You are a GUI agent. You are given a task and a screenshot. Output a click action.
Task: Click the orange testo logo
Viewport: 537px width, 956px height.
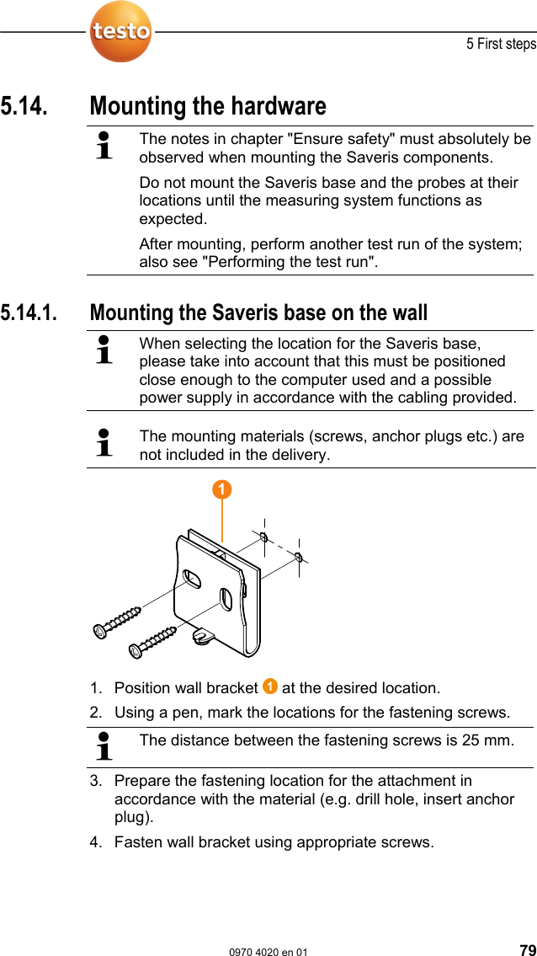coord(121,32)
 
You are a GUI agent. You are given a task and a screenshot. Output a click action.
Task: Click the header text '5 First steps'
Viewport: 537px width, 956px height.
coord(501,44)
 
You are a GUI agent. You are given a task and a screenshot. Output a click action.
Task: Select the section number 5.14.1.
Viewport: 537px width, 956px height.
coord(30,312)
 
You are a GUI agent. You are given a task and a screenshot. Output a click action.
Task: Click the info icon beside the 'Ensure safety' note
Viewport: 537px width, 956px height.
coord(104,145)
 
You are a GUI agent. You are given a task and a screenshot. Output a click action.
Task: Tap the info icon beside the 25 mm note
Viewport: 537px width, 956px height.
coord(104,746)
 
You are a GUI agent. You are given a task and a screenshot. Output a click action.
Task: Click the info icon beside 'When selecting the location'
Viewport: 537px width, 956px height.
coord(104,349)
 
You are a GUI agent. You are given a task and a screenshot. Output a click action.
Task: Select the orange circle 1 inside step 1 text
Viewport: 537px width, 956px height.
coord(269,686)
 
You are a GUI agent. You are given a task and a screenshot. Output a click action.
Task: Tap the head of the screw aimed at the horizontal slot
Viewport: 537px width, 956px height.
coord(100,631)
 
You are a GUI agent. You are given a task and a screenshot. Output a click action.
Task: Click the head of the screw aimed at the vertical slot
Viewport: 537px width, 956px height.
coord(135,650)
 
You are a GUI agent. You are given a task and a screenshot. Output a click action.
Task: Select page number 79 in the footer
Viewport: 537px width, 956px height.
coord(526,950)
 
